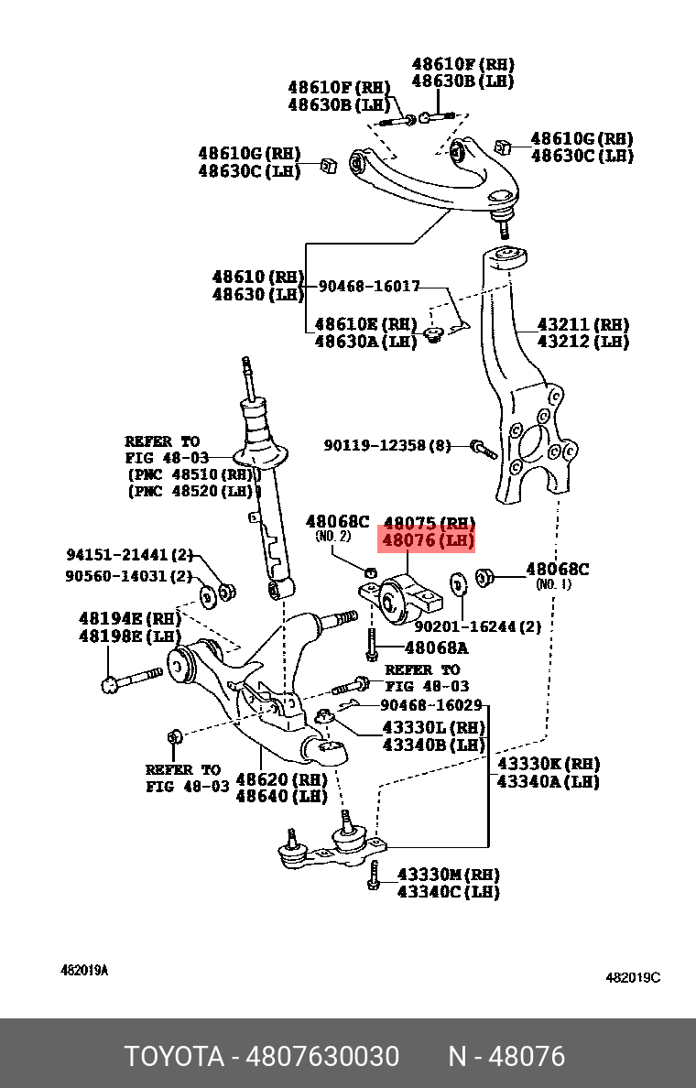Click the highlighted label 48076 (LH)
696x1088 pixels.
(x=429, y=541)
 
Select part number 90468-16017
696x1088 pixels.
(x=369, y=287)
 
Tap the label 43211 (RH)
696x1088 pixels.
(x=582, y=324)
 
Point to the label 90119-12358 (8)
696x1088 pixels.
(x=387, y=446)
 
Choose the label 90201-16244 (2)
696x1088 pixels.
(x=477, y=627)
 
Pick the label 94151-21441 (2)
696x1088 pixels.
(x=129, y=555)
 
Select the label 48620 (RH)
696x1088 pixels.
(x=281, y=779)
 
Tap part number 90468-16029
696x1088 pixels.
(x=430, y=705)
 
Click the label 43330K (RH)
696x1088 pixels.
(x=548, y=764)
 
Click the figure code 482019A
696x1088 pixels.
(x=84, y=970)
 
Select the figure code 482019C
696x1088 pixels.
(x=633, y=977)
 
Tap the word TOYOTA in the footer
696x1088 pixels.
(x=174, y=1057)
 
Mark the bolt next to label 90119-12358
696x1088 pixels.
(x=483, y=449)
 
